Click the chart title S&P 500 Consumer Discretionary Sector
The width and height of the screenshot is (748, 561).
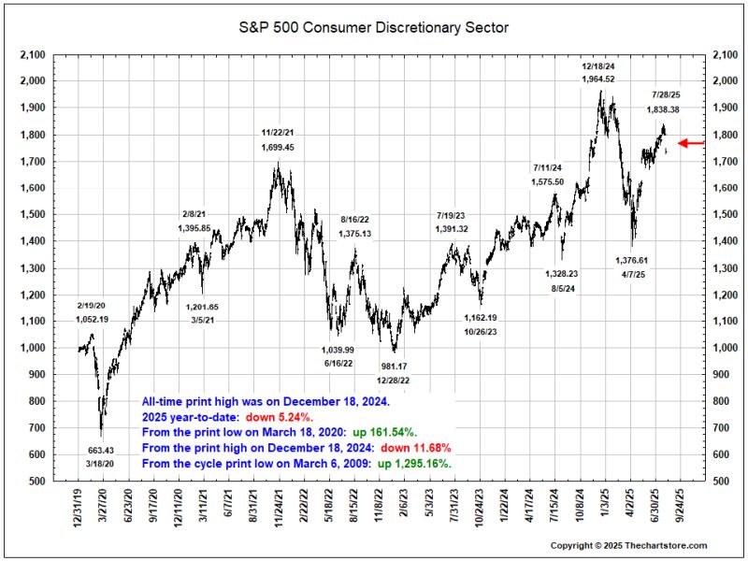click(374, 28)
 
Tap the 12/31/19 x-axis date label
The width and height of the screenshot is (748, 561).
click(80, 510)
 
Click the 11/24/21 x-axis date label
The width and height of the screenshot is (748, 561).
click(279, 510)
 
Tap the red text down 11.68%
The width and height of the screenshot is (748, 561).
click(420, 448)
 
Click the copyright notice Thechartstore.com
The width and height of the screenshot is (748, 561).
click(627, 545)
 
